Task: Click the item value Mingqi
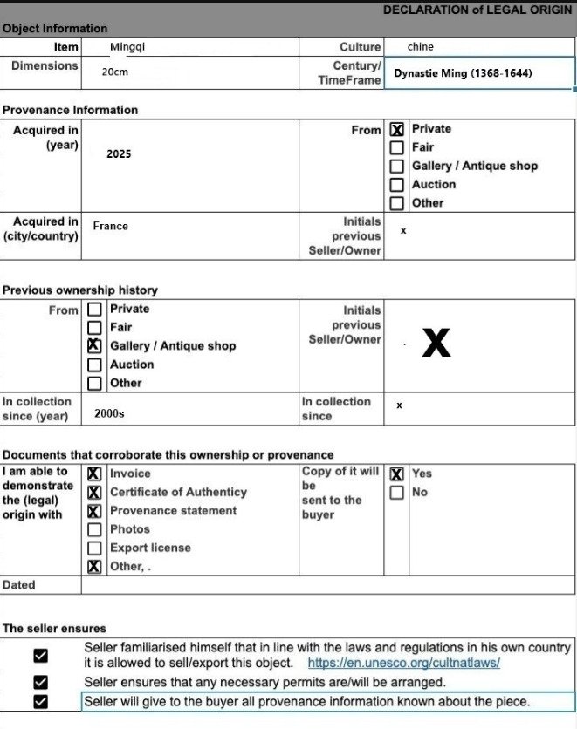(x=127, y=47)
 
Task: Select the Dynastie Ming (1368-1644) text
(x=463, y=73)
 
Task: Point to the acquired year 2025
(x=119, y=153)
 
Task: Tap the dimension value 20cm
(x=114, y=72)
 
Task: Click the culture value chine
(x=420, y=47)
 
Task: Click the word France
(x=110, y=226)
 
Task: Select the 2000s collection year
(x=109, y=414)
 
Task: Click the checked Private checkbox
(x=397, y=130)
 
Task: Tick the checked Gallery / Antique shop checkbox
(x=94, y=346)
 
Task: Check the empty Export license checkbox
(x=94, y=548)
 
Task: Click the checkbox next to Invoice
(x=94, y=474)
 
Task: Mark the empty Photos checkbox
(x=94, y=529)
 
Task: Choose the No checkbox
(x=397, y=493)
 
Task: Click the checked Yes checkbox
(x=397, y=474)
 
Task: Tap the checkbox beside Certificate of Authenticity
(x=94, y=493)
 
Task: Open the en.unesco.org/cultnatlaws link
(x=403, y=664)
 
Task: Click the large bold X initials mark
(x=436, y=344)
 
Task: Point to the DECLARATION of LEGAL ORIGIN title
(x=477, y=10)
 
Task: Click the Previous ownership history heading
(x=80, y=290)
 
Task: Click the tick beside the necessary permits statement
(x=40, y=682)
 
